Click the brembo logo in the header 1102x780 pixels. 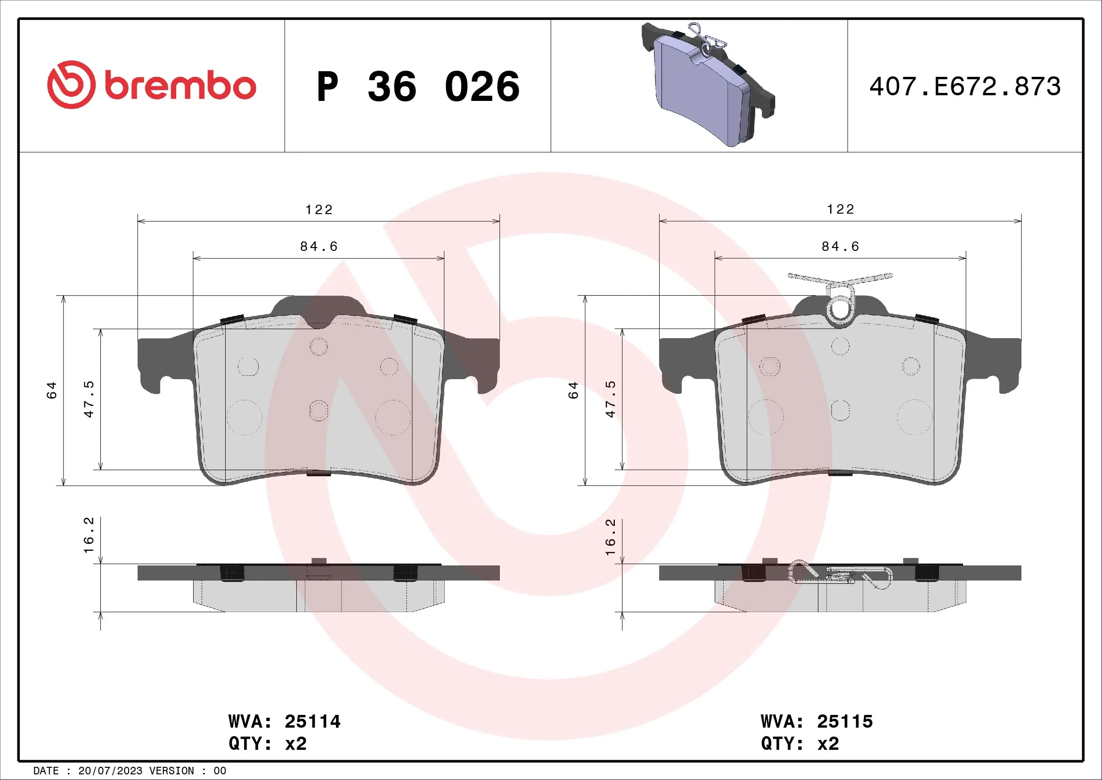click(x=152, y=85)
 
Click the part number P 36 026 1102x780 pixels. click(x=417, y=87)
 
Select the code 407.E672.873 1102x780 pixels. click(x=965, y=86)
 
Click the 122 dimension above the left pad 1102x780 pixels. click(x=318, y=210)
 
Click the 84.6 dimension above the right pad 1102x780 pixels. click(x=840, y=246)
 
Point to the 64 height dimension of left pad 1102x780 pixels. click(x=51, y=390)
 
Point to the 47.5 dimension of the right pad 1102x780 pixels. click(x=610, y=398)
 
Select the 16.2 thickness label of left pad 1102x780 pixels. click(x=89, y=535)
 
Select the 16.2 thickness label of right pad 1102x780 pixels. click(x=610, y=537)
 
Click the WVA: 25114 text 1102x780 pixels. click(x=284, y=722)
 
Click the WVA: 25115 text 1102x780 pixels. click(x=816, y=722)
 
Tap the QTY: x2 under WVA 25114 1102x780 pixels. click(x=267, y=744)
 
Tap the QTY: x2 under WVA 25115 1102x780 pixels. click(x=800, y=744)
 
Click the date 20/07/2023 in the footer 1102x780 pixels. click(x=110, y=771)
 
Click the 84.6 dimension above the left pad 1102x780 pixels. click(x=318, y=246)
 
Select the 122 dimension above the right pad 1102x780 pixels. click(x=840, y=209)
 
